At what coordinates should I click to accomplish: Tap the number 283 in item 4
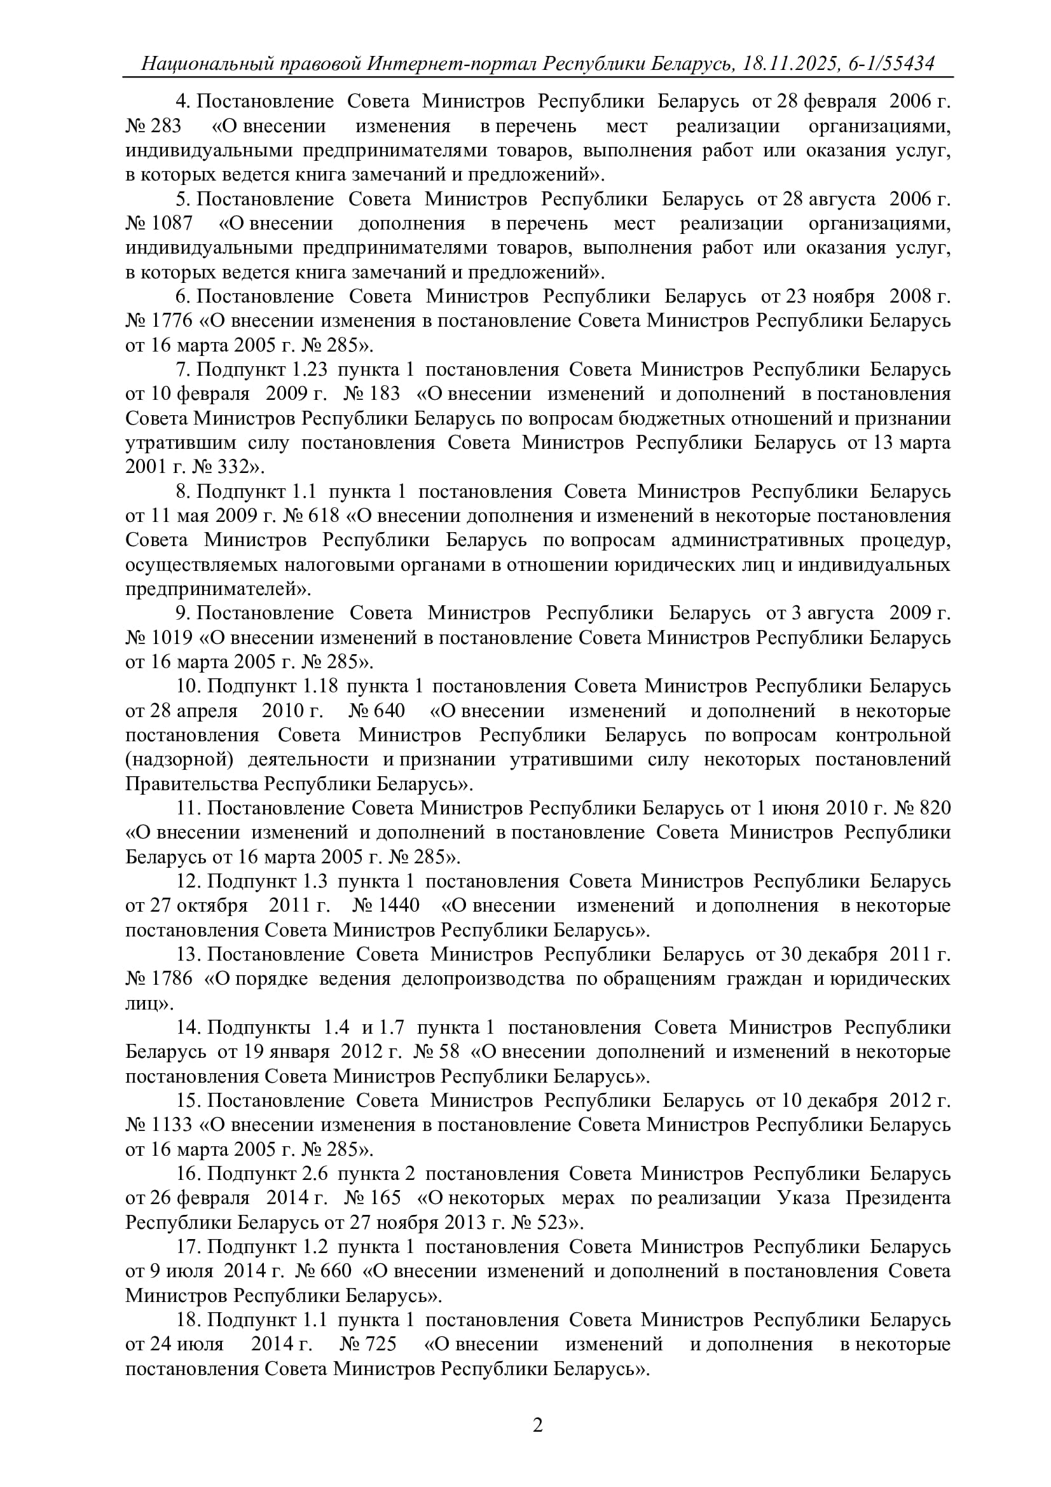coord(167,126)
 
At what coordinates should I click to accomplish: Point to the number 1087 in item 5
coord(172,223)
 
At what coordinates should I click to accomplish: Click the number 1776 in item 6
coord(172,320)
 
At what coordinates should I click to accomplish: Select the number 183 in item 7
coord(385,394)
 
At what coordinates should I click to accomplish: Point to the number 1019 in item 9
coord(172,638)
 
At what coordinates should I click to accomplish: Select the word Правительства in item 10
coord(191,785)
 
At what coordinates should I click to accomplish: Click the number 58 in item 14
coord(449,1052)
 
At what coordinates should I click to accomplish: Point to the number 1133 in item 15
coord(172,1125)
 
